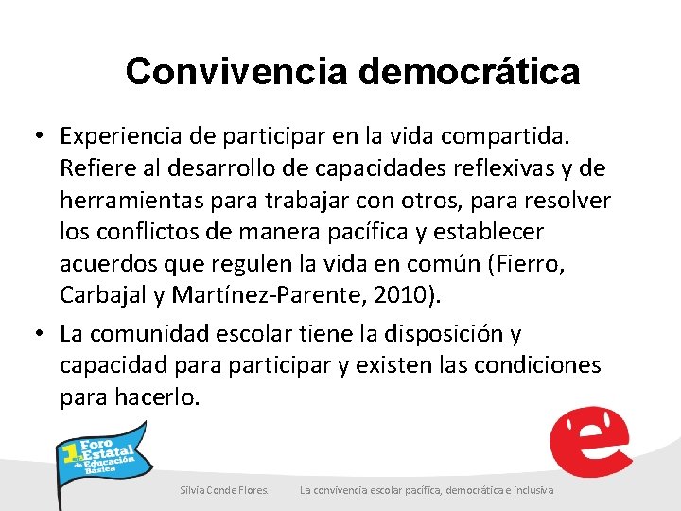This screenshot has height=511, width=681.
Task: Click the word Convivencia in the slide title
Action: [x=237, y=71]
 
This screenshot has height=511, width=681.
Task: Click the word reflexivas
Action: [x=497, y=168]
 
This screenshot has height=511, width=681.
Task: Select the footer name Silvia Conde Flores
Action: [x=224, y=489]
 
